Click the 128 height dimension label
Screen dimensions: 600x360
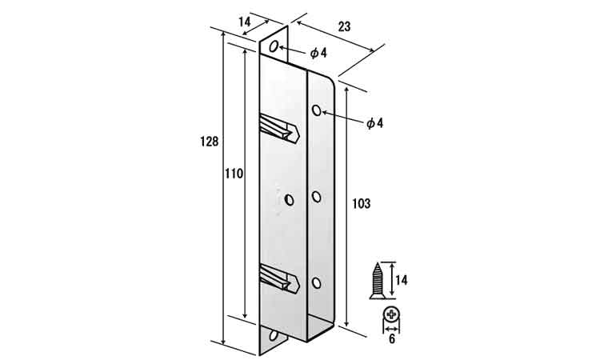tap(210, 142)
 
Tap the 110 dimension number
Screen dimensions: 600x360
tap(234, 174)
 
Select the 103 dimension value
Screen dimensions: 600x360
tap(362, 203)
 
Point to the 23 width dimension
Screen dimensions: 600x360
tap(344, 26)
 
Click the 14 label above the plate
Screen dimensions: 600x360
tap(245, 22)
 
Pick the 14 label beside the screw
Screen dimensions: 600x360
tap(401, 281)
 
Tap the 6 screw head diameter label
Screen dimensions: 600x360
tap(391, 339)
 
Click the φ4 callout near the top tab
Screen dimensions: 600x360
tap(318, 53)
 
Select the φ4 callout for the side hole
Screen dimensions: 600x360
tap(374, 123)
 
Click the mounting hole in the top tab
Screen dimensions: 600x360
tap(274, 46)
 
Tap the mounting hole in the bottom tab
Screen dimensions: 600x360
tap(274, 335)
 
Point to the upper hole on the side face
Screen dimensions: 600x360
tap(317, 110)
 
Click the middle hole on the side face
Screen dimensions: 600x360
tap(317, 197)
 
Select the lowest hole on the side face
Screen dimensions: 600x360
tap(317, 283)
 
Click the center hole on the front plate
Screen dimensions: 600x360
tap(290, 200)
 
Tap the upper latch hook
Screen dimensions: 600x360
tap(279, 128)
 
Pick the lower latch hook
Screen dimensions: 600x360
tap(279, 278)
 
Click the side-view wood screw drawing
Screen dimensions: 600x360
tap(378, 281)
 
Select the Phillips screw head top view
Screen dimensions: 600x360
tap(391, 315)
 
